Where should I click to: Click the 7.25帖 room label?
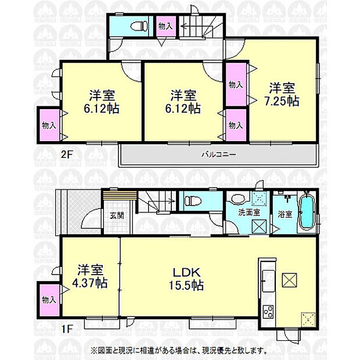click(x=283, y=100)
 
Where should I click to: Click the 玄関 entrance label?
click(x=116, y=215)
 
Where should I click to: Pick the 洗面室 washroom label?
click(x=249, y=213)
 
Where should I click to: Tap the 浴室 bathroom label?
click(x=285, y=213)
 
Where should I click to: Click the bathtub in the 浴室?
click(x=307, y=213)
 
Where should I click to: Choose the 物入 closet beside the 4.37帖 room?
click(x=49, y=300)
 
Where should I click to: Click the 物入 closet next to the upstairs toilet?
click(x=165, y=26)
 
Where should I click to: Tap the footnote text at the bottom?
click(x=179, y=350)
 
